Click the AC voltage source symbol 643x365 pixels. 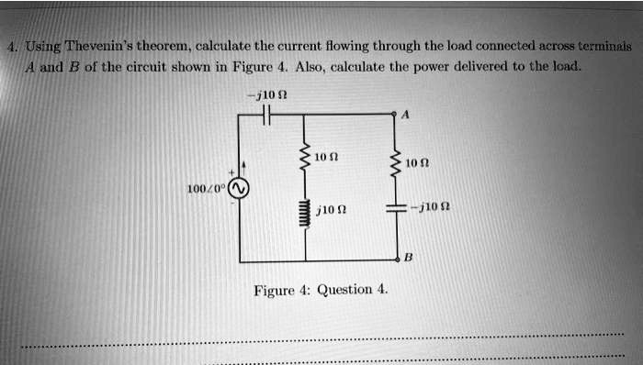[240, 188]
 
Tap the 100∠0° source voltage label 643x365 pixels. [206, 188]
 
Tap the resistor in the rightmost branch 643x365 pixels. [396, 163]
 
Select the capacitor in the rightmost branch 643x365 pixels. [396, 210]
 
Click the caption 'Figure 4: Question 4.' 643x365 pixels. [321, 290]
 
